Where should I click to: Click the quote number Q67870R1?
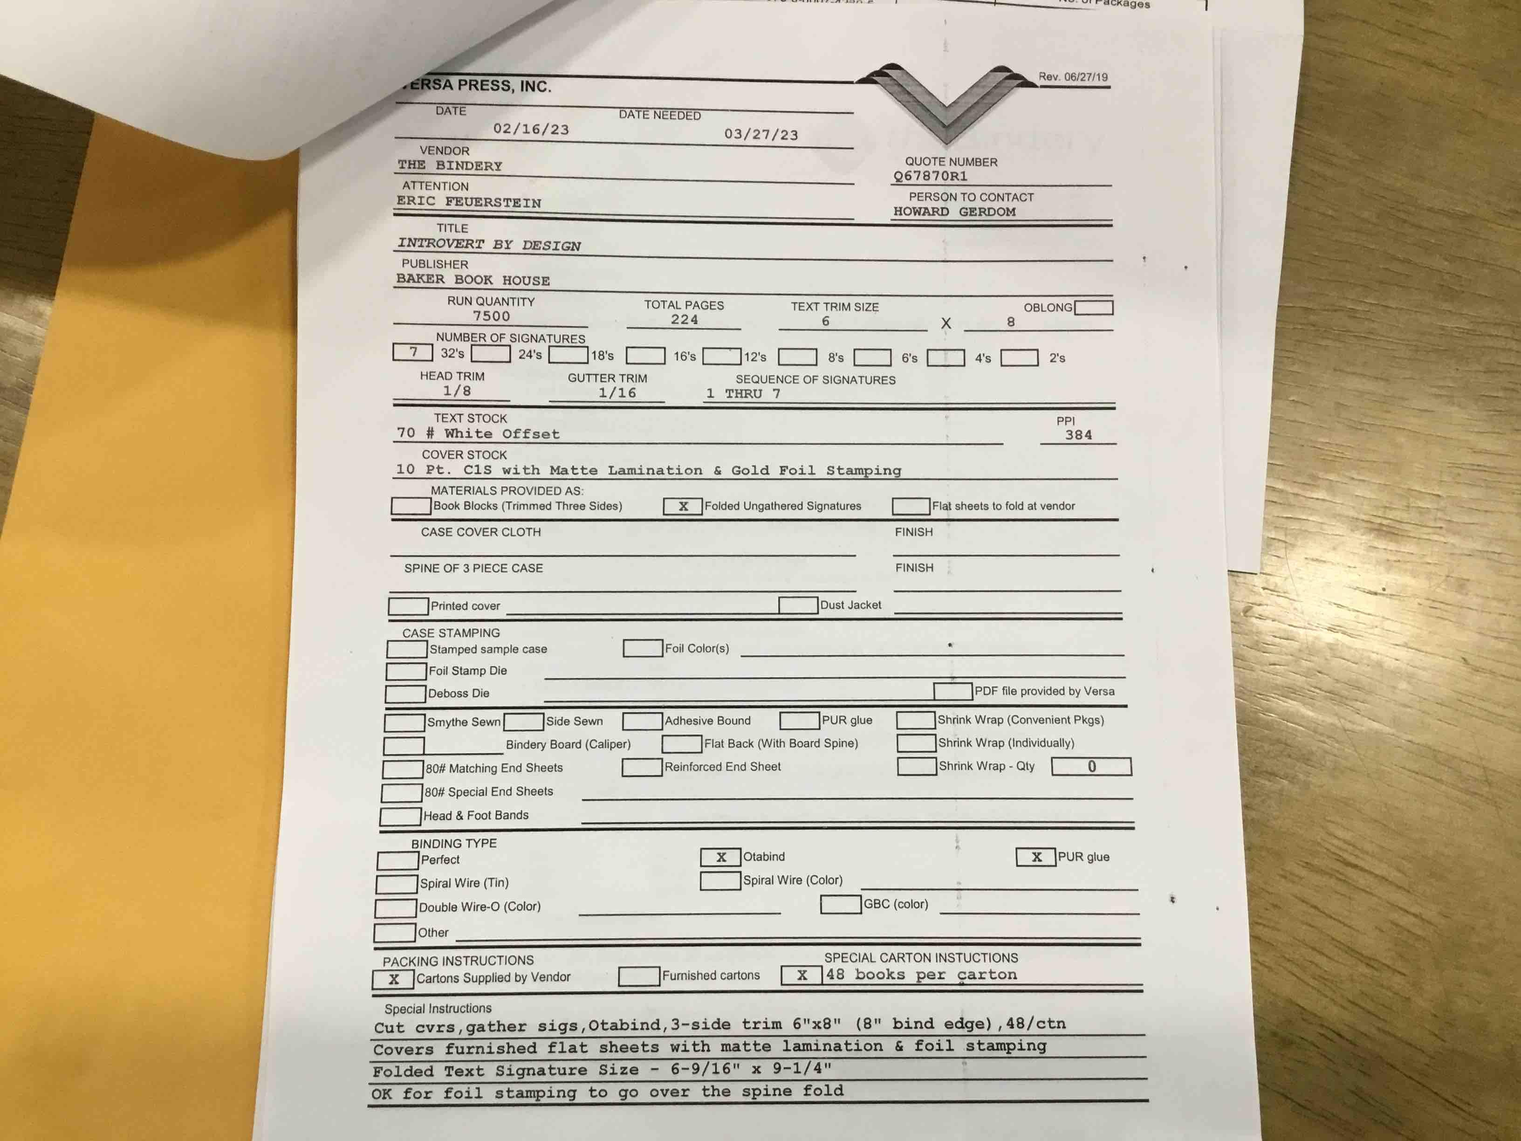tap(930, 176)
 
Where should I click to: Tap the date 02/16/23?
tap(531, 129)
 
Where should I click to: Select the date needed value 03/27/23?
tap(760, 134)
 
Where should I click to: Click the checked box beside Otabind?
tap(720, 857)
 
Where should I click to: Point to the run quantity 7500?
tap(491, 316)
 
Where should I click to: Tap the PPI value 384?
tap(1078, 435)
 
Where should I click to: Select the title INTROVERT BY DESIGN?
tap(489, 244)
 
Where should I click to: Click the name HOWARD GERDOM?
tap(954, 212)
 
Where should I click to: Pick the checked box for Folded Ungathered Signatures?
tap(682, 506)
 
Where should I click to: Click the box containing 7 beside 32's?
tap(412, 352)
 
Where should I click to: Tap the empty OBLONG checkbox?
tap(1093, 308)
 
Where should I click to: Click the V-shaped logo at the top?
tap(945, 100)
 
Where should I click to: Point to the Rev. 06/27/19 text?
tap(1073, 77)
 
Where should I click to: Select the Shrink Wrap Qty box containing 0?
tap(1091, 766)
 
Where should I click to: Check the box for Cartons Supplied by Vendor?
tap(393, 979)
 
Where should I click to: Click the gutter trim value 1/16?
tap(617, 393)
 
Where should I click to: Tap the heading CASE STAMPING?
tap(451, 633)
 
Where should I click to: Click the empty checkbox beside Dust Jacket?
tap(798, 605)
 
